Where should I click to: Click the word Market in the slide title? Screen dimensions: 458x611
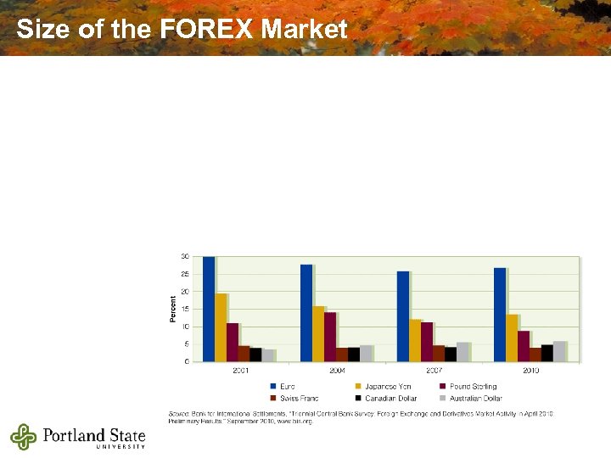tap(305, 30)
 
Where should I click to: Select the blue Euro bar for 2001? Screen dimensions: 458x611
tap(209, 309)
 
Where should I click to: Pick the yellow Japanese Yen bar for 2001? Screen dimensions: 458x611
tap(221, 327)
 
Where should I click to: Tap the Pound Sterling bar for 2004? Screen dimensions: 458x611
tap(330, 337)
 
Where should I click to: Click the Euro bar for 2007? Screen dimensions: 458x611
tap(402, 316)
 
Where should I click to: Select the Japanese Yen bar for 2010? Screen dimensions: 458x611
tap(512, 338)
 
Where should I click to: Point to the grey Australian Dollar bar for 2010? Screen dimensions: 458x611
tap(559, 351)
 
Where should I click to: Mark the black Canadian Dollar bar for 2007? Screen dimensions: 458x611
tap(451, 354)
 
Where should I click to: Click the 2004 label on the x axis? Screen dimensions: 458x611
tap(338, 371)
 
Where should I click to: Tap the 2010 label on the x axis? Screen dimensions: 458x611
tap(531, 371)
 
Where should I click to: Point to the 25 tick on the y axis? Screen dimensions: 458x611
tap(185, 274)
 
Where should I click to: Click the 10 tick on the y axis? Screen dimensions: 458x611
tap(185, 327)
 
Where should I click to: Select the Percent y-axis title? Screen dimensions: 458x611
tap(173, 308)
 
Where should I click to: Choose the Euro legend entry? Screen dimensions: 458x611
tap(287, 387)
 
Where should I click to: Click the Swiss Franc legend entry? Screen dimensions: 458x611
tap(298, 398)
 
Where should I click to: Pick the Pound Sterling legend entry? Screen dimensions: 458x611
tap(473, 387)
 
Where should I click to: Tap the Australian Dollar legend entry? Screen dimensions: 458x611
tap(475, 398)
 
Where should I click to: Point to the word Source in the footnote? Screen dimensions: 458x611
tap(180, 413)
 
